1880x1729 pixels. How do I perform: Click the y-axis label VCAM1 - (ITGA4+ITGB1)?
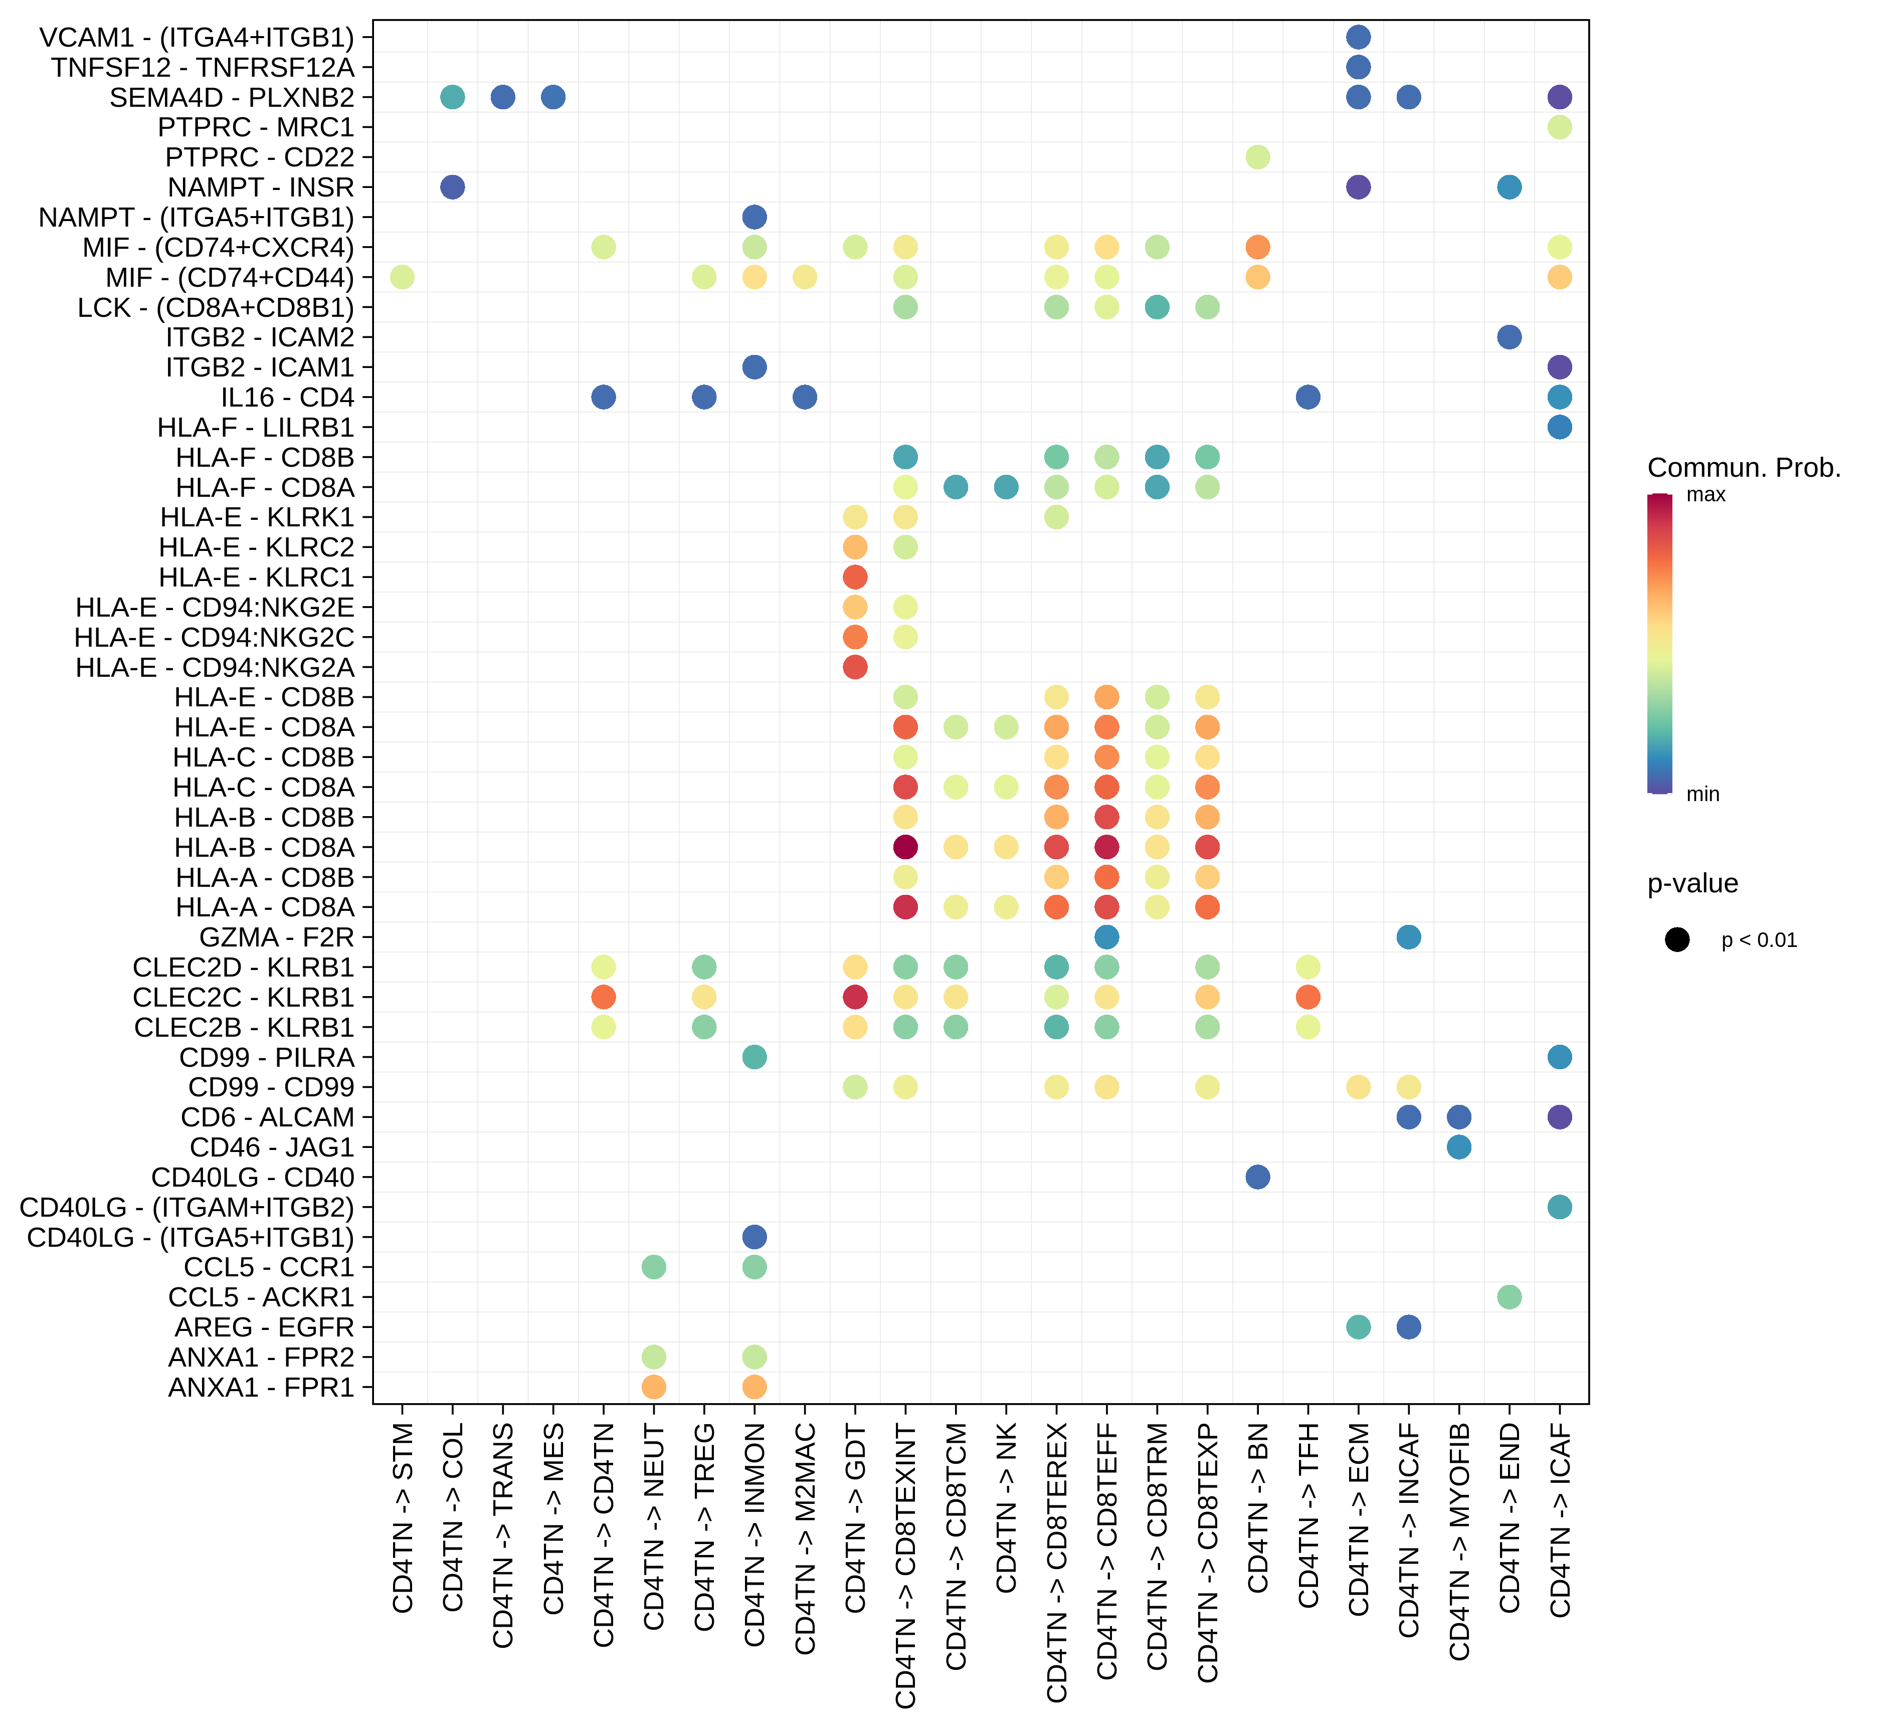point(197,38)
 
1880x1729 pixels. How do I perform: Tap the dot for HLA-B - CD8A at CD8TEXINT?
point(905,847)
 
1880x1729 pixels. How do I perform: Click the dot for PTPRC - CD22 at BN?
point(1258,157)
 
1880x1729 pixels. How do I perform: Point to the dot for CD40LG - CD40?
point(1258,1177)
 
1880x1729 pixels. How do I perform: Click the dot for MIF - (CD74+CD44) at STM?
point(403,277)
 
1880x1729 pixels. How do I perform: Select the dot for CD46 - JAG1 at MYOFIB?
point(1459,1147)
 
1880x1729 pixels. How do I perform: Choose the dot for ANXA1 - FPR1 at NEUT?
point(654,1387)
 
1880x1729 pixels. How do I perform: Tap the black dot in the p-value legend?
point(1677,939)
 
